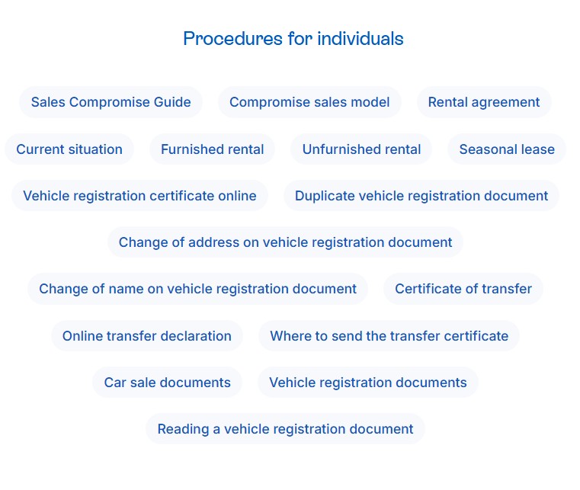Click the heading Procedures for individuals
293,38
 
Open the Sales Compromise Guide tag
111,102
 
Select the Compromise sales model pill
309,102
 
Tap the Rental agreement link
483,102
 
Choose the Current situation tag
69,149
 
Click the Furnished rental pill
212,149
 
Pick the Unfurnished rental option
361,149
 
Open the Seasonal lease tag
506,149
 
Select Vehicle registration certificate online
139,196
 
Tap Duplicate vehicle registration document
421,196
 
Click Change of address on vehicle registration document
285,242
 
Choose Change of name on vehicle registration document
197,289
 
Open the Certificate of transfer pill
463,289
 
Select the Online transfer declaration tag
146,336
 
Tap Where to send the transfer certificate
389,336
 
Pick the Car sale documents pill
167,383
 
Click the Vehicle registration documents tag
367,383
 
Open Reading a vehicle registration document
285,429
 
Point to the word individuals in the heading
360,38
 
